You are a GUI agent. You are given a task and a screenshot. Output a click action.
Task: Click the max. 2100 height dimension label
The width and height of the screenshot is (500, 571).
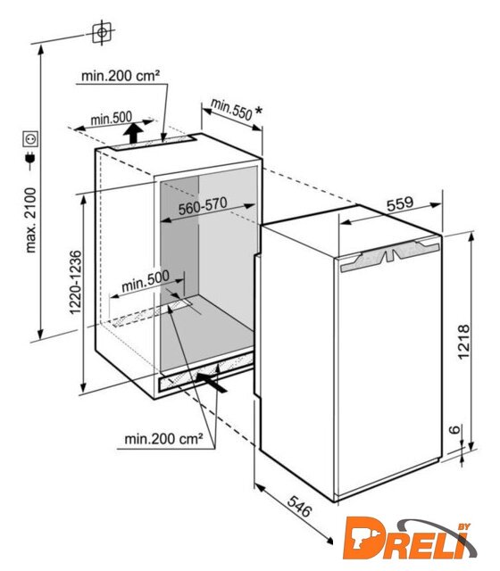click(x=31, y=220)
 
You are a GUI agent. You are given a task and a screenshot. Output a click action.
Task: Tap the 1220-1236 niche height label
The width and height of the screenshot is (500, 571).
click(x=75, y=282)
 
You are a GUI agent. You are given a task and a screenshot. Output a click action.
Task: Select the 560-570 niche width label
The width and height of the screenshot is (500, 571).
click(x=203, y=206)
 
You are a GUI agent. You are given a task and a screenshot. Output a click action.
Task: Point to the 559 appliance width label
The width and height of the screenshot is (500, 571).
click(x=400, y=203)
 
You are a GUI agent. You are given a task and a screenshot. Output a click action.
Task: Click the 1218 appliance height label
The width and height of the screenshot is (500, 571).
click(x=463, y=342)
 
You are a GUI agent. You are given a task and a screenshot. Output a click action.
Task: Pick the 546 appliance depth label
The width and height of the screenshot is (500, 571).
click(x=300, y=506)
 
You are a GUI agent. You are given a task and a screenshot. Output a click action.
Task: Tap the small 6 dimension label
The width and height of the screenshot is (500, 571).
click(x=454, y=430)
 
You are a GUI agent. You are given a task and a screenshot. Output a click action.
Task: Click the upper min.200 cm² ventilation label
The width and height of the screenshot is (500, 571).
click(x=121, y=76)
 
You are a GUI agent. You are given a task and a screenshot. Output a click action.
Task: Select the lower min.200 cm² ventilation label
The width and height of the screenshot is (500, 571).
click(x=163, y=439)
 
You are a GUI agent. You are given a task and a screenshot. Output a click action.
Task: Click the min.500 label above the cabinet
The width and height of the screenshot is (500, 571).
click(x=111, y=119)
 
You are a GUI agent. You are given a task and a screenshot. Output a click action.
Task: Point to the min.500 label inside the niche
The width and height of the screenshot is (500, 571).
click(x=146, y=281)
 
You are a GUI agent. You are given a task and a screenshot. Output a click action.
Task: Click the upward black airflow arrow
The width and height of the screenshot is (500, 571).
click(x=133, y=133)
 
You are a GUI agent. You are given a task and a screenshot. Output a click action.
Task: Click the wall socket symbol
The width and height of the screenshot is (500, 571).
click(x=30, y=138)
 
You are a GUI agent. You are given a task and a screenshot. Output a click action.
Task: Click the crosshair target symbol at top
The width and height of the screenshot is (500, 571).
click(x=102, y=32)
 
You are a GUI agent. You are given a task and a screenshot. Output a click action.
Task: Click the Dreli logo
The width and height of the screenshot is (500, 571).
click(x=409, y=539)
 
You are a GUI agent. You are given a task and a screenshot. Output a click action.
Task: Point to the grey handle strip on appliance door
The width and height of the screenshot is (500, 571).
click(x=390, y=256)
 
